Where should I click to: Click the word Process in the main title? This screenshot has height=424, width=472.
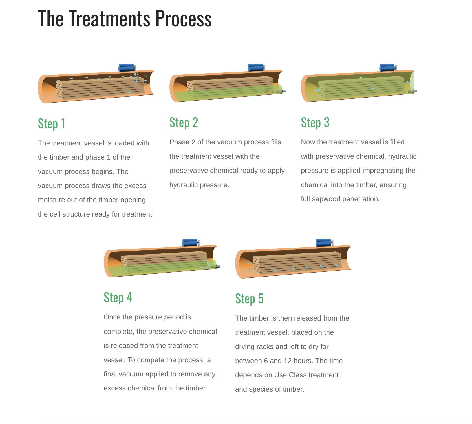click(183, 19)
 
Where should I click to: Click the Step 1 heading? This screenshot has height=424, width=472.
click(52, 124)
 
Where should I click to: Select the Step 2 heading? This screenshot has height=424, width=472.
click(184, 123)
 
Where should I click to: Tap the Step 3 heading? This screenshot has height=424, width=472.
click(315, 123)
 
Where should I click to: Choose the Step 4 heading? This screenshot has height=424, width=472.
click(118, 298)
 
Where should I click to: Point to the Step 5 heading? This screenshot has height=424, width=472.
click(249, 299)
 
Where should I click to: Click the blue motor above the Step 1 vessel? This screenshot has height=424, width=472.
click(126, 68)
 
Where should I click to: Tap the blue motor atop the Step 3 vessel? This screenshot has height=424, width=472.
click(387, 68)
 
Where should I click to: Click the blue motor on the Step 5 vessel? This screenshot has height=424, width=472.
click(323, 243)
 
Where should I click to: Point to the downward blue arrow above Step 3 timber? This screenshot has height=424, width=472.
click(361, 76)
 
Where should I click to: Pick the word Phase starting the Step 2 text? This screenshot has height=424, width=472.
click(179, 142)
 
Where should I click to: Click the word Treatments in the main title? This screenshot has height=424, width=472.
click(110, 19)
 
